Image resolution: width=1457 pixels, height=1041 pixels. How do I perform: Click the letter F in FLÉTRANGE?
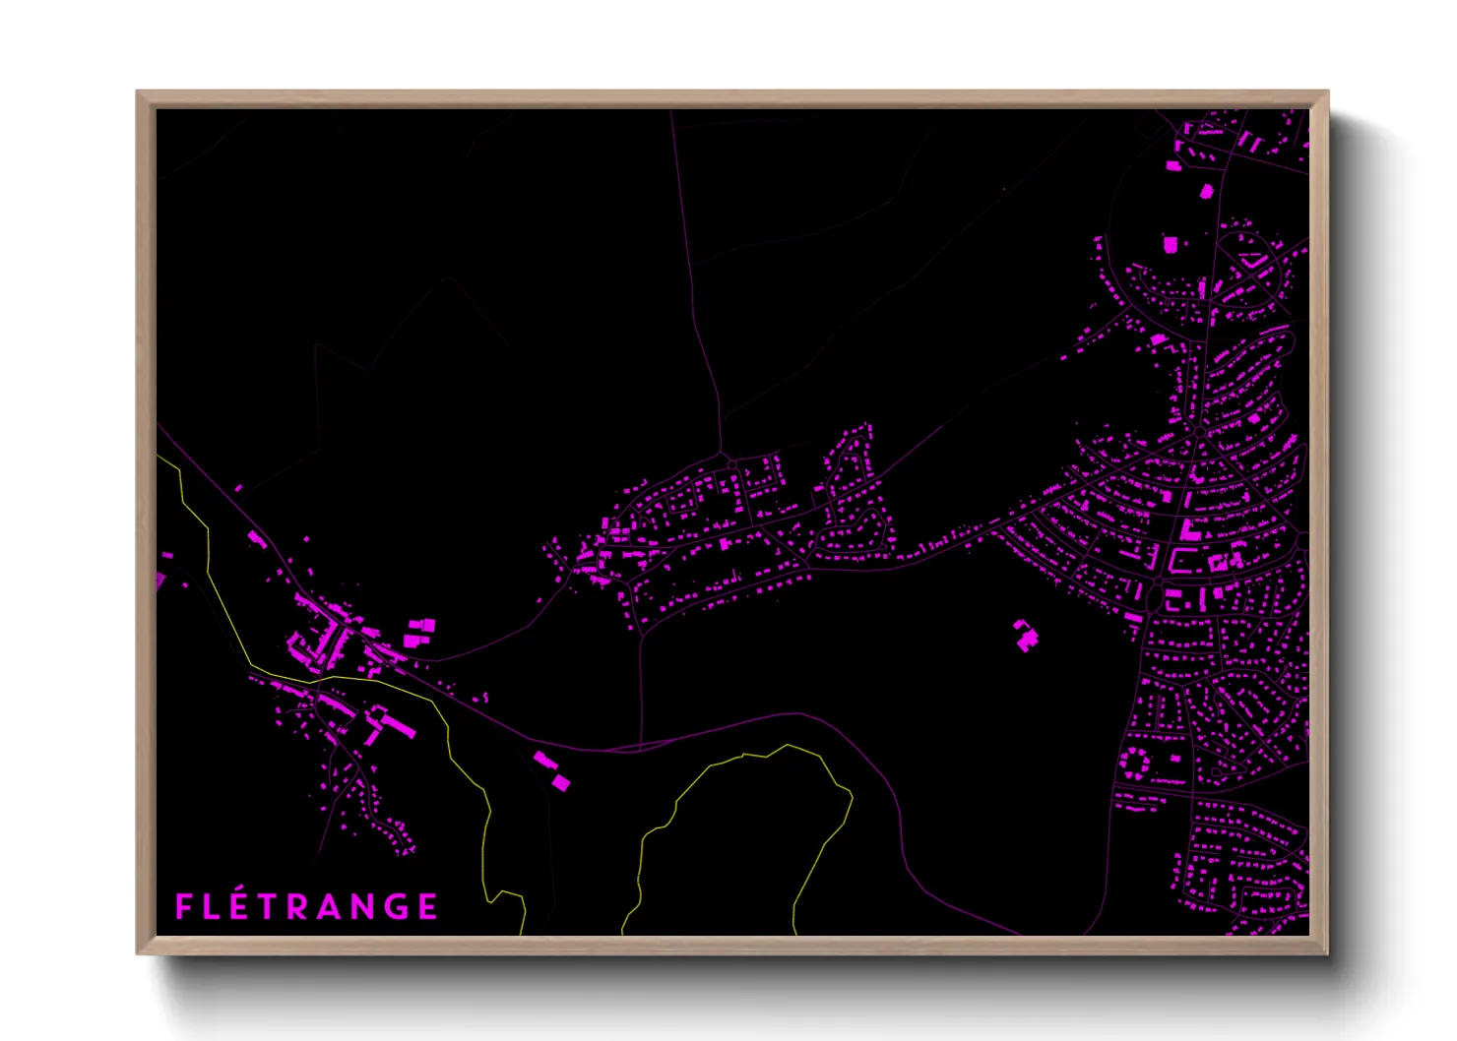(x=184, y=906)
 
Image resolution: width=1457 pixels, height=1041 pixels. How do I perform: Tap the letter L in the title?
(x=214, y=906)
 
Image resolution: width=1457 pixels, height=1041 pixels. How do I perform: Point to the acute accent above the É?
(x=243, y=890)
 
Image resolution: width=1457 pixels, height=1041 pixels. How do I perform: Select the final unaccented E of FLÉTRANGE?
(x=427, y=906)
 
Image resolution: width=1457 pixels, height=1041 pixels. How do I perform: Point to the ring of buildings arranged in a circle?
(x=1136, y=763)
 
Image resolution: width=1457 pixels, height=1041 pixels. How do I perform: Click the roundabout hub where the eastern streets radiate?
(x=1200, y=432)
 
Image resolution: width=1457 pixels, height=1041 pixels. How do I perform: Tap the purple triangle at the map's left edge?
(x=160, y=581)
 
